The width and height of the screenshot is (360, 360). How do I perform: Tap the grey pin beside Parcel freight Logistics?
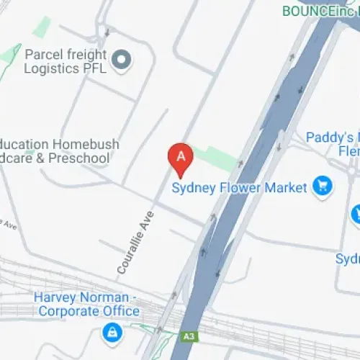[122, 60]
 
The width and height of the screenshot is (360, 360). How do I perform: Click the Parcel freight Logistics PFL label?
[66, 61]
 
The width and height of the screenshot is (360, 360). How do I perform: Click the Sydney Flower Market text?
[240, 189]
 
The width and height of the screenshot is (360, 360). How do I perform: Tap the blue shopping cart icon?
[322, 187]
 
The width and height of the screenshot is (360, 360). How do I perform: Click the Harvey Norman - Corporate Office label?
[88, 304]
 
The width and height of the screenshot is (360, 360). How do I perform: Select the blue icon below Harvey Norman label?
[111, 332]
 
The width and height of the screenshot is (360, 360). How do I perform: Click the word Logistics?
[52, 68]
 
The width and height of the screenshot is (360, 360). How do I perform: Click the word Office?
[120, 311]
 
